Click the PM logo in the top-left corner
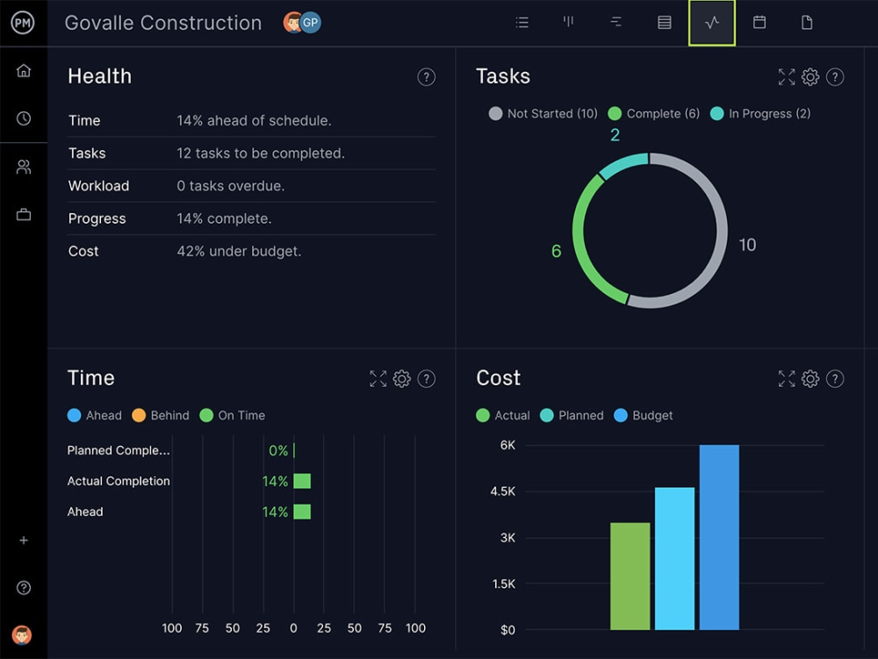23,24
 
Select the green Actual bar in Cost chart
630,576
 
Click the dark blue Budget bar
719,537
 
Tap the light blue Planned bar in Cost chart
674,558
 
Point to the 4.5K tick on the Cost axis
502,491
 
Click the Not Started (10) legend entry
543,114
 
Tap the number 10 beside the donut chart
747,245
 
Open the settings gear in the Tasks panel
810,77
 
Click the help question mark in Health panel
426,77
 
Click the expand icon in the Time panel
378,379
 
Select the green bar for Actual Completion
302,481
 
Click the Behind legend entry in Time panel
161,416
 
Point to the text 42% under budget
239,251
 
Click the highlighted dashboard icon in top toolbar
712,23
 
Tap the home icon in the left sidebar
24,71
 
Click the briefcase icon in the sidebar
24,214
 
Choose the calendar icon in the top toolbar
759,23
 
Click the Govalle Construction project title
163,24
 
